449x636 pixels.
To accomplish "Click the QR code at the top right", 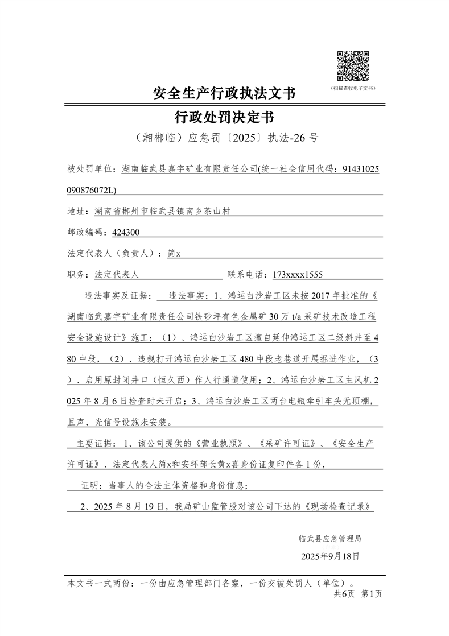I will [x=353, y=66].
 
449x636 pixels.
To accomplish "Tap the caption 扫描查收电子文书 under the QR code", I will [x=353, y=89].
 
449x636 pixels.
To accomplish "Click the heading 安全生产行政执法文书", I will [x=224, y=93].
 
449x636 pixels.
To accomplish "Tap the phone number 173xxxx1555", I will [x=298, y=275].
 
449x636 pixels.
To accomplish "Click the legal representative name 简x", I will [x=174, y=254].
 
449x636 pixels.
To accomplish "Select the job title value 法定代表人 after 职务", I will [x=117, y=275].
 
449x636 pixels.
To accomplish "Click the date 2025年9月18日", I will [x=330, y=556].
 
